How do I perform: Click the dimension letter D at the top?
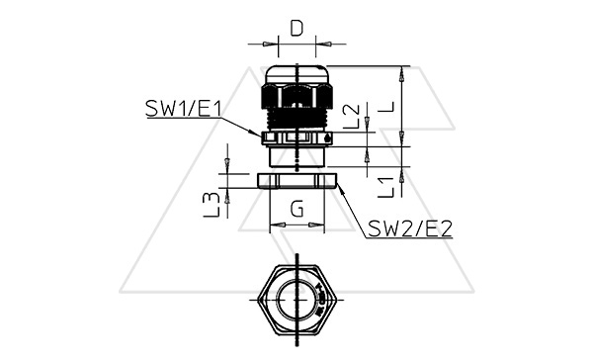click(296, 28)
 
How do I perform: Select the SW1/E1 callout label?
click(183, 109)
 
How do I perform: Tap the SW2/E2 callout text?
click(410, 228)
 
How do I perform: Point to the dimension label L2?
click(351, 117)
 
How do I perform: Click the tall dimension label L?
click(385, 107)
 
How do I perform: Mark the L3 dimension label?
click(212, 205)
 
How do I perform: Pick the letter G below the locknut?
click(296, 209)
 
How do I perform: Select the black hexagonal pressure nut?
click(296, 97)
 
